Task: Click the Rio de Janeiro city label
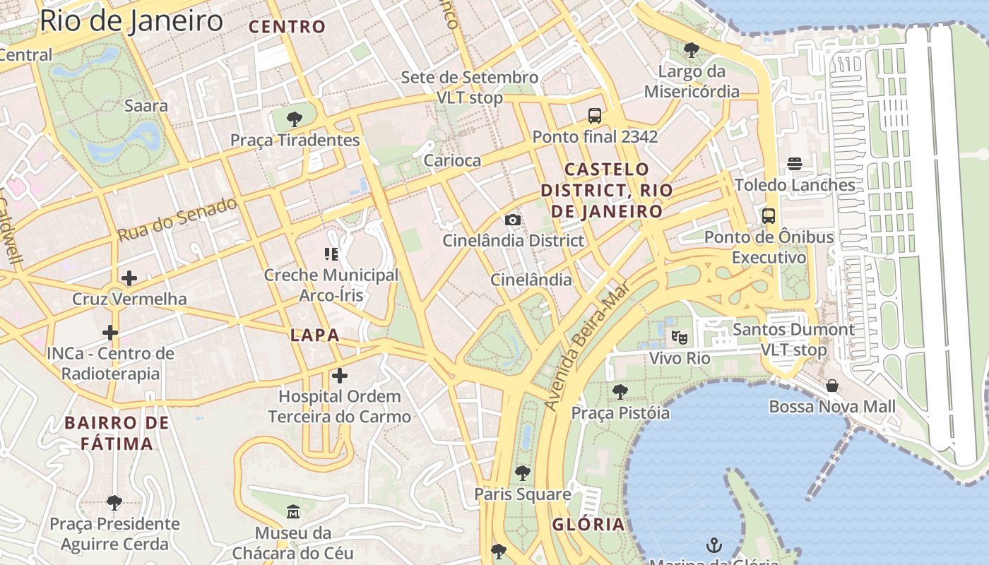[131, 20]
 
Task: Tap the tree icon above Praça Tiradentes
[295, 119]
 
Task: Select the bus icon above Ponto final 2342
[595, 115]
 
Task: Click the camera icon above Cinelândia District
[513, 220]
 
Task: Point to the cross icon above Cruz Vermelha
[129, 278]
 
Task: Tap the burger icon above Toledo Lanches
[795, 164]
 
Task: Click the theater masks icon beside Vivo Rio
[680, 337]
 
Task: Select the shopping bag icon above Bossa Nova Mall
[832, 386]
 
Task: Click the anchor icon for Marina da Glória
[714, 545]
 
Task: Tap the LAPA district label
[315, 335]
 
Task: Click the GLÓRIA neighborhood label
[588, 524]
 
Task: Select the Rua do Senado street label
[177, 220]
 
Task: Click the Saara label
[146, 106]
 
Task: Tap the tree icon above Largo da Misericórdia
[692, 50]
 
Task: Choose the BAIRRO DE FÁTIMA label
[117, 433]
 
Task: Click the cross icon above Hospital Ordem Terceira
[340, 375]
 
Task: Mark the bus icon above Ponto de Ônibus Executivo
[769, 216]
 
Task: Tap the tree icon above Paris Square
[522, 473]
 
